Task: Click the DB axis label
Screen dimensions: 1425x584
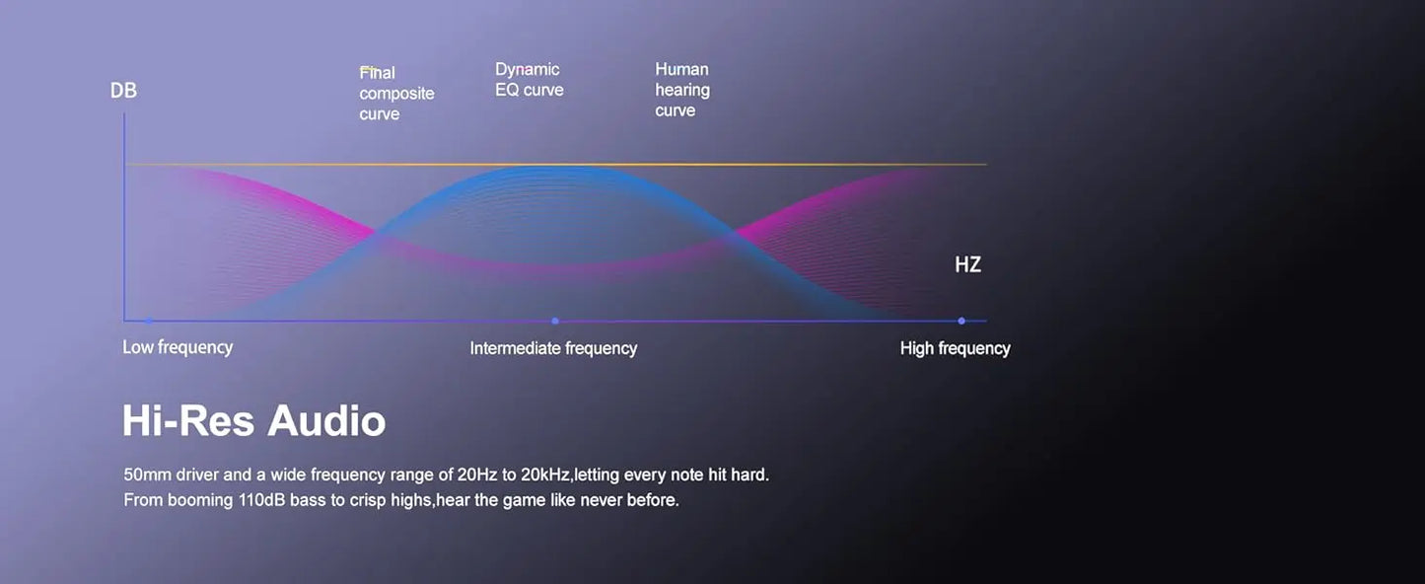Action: [123, 91]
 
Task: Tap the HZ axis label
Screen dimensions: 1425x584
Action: [967, 264]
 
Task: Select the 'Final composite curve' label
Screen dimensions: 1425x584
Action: [396, 94]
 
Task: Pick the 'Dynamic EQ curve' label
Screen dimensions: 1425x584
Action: [529, 80]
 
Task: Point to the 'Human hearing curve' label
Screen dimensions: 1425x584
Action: [682, 90]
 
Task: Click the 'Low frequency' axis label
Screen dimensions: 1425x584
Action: [178, 347]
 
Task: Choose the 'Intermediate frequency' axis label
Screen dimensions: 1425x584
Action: [553, 348]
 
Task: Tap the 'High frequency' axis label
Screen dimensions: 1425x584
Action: [955, 348]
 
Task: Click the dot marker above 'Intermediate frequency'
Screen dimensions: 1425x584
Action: [555, 322]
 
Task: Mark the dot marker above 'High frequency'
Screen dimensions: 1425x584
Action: [962, 322]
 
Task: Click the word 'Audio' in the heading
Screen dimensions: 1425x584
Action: [326, 420]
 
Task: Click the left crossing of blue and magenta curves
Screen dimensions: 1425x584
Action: [376, 234]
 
